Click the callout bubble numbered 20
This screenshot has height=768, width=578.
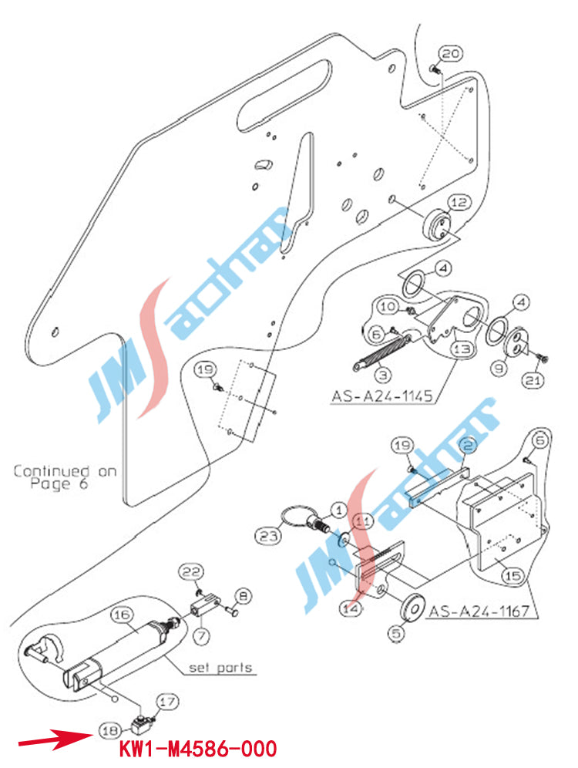tap(451, 53)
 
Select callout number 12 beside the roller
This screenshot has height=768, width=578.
tap(459, 203)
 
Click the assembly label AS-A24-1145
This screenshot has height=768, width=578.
tap(381, 398)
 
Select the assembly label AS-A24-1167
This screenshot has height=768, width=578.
tap(479, 612)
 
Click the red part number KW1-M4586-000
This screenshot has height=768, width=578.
tap(197, 749)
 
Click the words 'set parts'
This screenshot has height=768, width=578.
tap(222, 668)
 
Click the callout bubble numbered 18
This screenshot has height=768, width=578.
tap(109, 728)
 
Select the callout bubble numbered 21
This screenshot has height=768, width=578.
tap(534, 379)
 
